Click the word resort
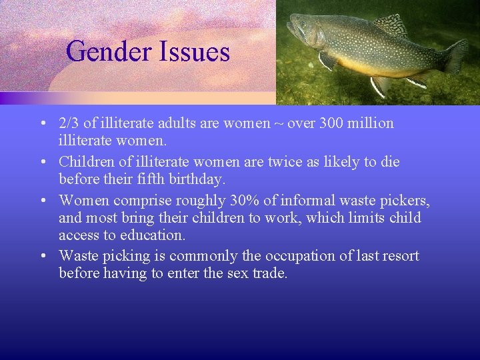tap(399, 255)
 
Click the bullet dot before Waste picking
tap(42, 256)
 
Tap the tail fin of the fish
tap(456, 55)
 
